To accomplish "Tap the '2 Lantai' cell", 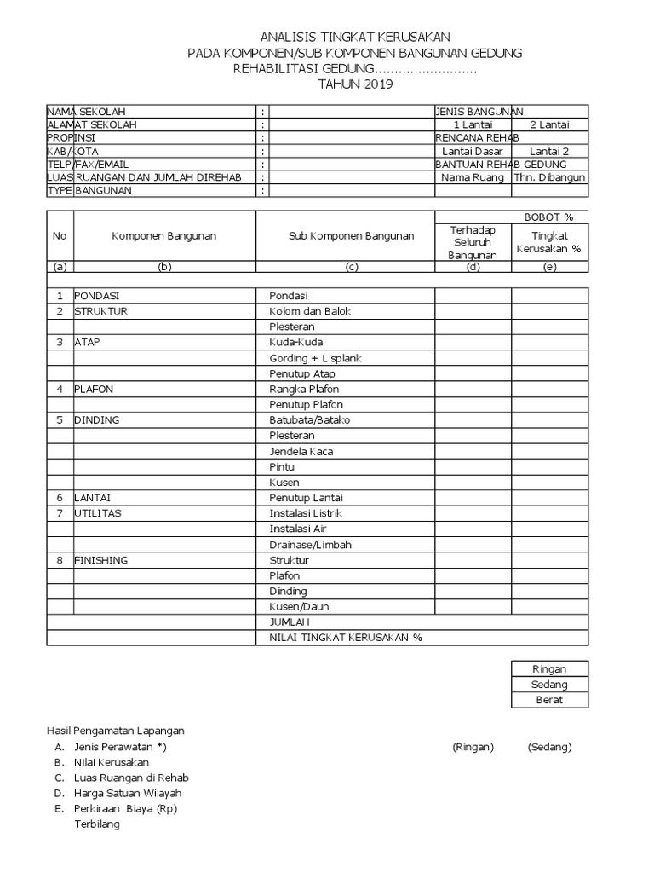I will pyautogui.click(x=549, y=124).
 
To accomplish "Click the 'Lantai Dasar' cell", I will pyautogui.click(x=473, y=151).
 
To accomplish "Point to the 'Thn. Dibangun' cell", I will pyautogui.click(x=549, y=177).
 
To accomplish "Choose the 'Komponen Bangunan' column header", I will pyautogui.click(x=164, y=236).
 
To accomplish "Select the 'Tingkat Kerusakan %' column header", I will pyautogui.click(x=549, y=242).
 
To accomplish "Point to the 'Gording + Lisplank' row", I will pyautogui.click(x=315, y=358).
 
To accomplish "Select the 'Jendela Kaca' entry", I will pyautogui.click(x=301, y=451).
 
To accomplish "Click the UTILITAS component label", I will pyautogui.click(x=98, y=513).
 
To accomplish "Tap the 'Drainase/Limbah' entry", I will pyautogui.click(x=310, y=545).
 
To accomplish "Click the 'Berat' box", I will pyautogui.click(x=549, y=700).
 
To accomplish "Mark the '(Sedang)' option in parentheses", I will pyautogui.click(x=549, y=747).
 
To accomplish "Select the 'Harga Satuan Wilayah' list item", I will pyautogui.click(x=128, y=793).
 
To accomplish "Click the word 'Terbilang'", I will pyautogui.click(x=97, y=824).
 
